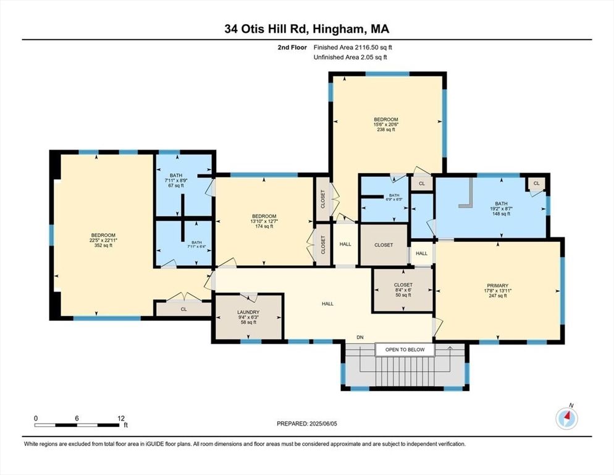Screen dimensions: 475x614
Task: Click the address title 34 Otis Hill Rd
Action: pyautogui.click(x=307, y=28)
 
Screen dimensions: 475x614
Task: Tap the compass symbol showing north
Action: pyautogui.click(x=566, y=419)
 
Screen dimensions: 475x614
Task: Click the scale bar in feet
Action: pyautogui.click(x=78, y=424)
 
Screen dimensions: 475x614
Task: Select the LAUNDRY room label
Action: pyautogui.click(x=248, y=316)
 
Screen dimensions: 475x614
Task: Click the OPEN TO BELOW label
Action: pyautogui.click(x=405, y=350)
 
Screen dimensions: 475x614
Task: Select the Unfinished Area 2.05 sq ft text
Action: pyautogui.click(x=350, y=58)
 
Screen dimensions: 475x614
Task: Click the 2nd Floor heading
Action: pyautogui.click(x=292, y=47)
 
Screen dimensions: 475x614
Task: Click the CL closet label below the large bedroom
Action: pyautogui.click(x=183, y=309)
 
